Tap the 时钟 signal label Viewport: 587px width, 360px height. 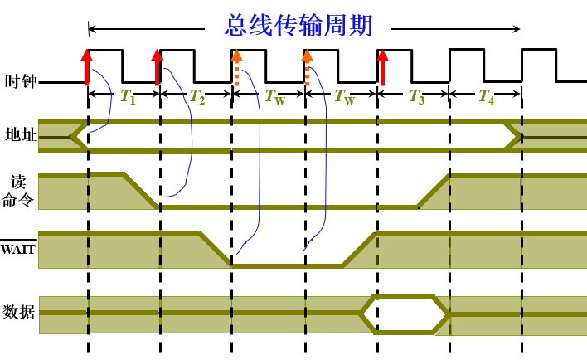(20, 81)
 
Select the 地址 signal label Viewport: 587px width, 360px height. (20, 135)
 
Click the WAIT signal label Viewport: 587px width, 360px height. (17, 247)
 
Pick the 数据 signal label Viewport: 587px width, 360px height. (20, 313)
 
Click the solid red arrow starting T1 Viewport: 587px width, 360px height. (87, 66)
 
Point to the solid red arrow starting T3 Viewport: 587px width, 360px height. (382, 66)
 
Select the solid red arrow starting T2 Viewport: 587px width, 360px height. (158, 66)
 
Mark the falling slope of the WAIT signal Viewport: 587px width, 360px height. (216, 249)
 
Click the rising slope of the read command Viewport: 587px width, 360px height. (433, 190)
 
